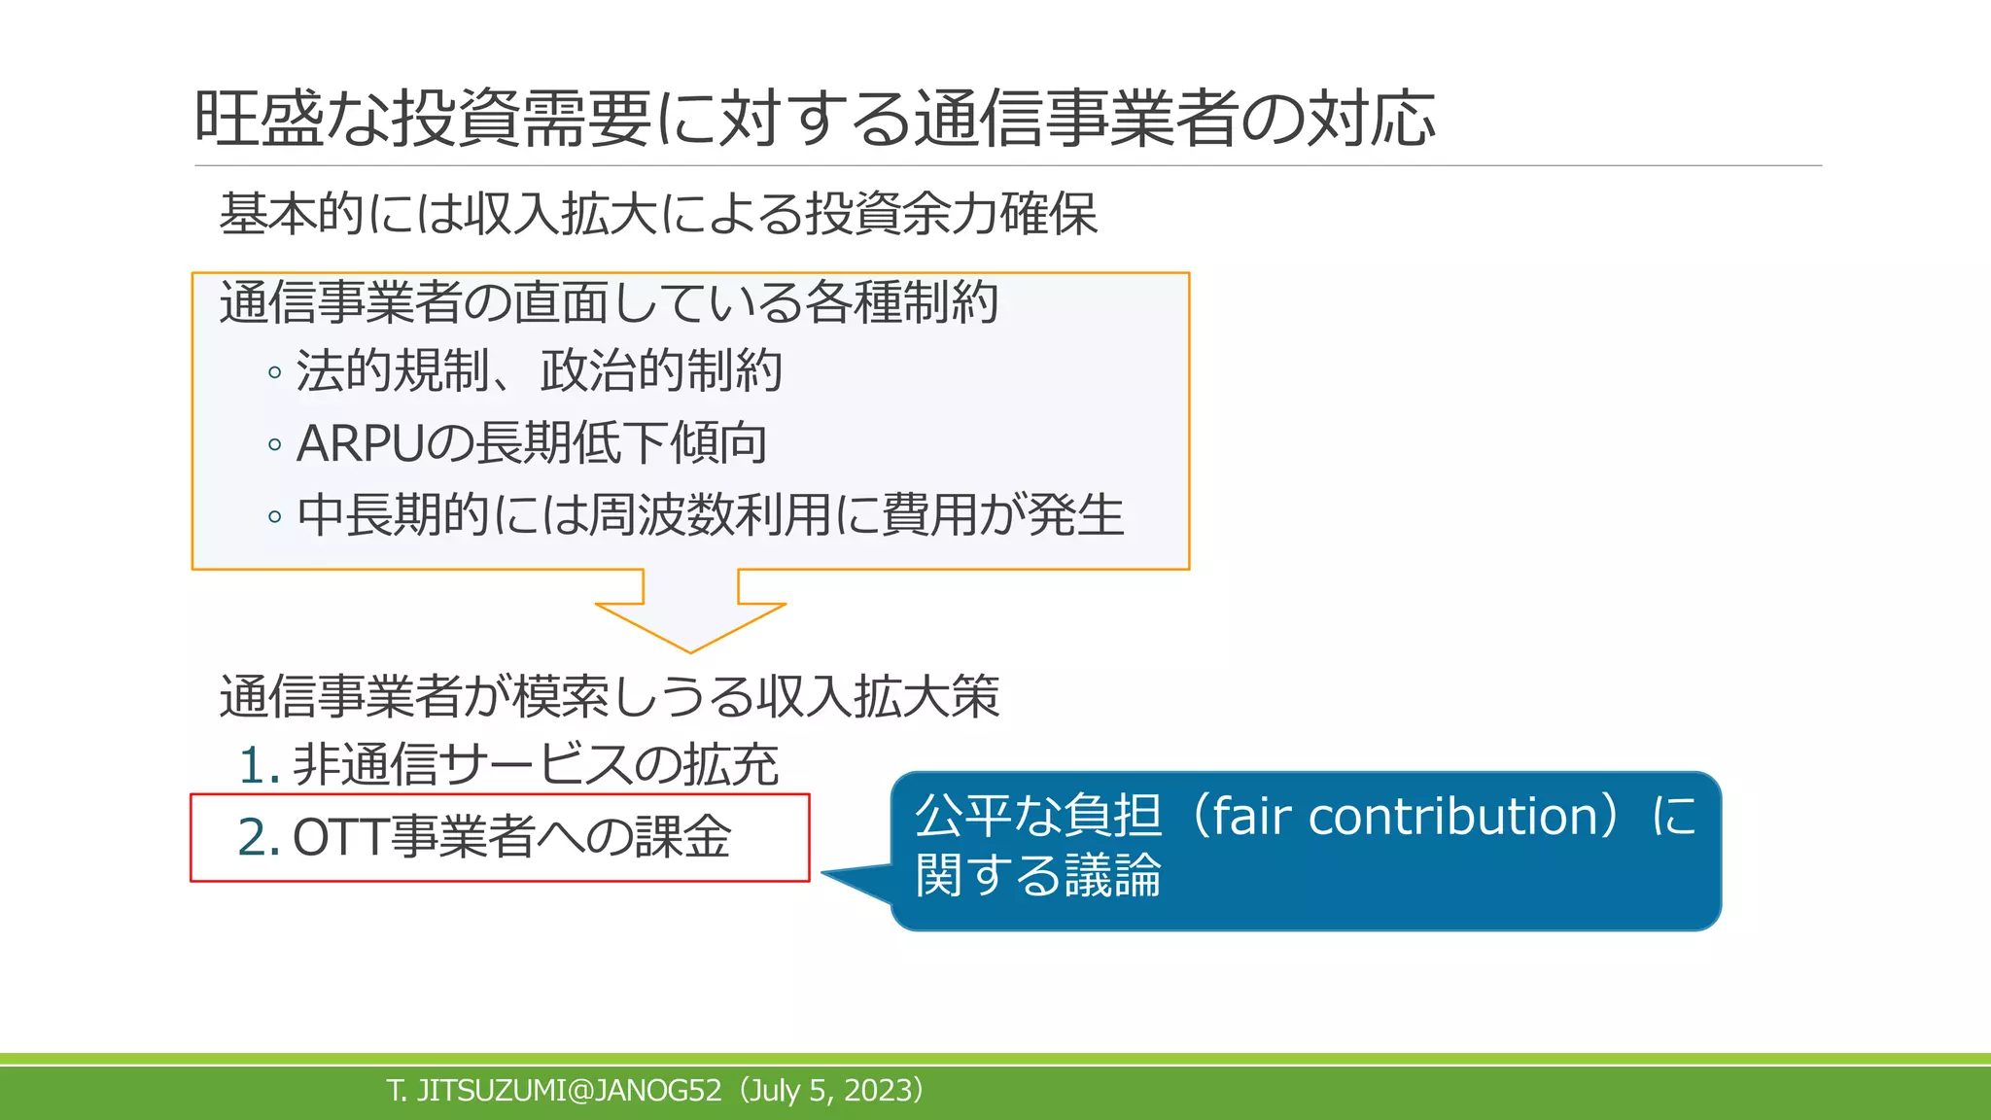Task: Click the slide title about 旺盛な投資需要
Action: click(x=815, y=119)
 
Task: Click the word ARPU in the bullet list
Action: click(x=360, y=443)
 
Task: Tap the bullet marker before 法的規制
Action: click(x=275, y=373)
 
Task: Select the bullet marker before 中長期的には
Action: click(x=275, y=516)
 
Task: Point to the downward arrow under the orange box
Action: click(x=690, y=612)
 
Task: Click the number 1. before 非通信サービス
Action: click(x=259, y=765)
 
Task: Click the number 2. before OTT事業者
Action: click(x=259, y=837)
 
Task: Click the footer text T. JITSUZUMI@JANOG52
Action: click(x=554, y=1091)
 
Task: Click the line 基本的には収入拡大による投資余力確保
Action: click(x=658, y=214)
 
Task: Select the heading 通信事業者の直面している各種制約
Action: click(x=609, y=302)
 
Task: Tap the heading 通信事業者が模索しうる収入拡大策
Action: click(x=609, y=696)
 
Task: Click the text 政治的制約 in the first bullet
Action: click(x=661, y=371)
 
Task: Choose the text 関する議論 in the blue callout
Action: click(x=1038, y=874)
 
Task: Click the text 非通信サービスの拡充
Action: click(x=536, y=765)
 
